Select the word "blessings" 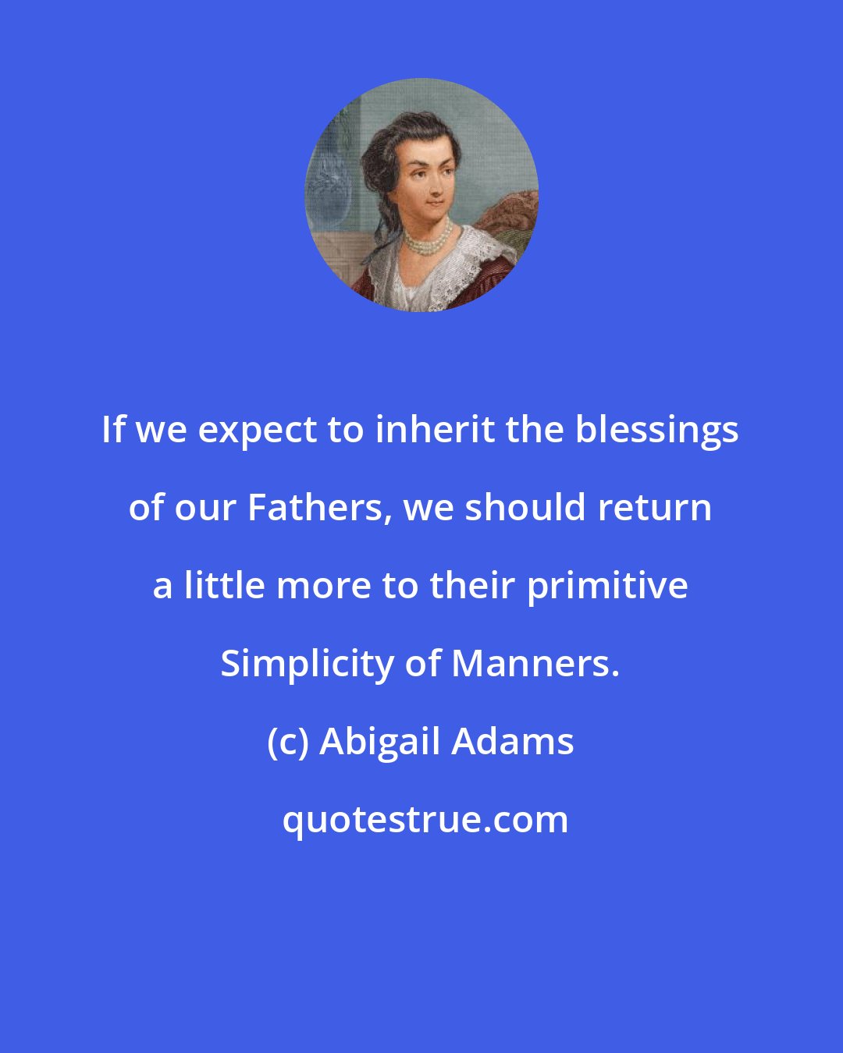click(657, 431)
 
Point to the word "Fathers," click(319, 508)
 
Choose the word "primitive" click(607, 586)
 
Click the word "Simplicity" click(308, 665)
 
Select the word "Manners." click(535, 664)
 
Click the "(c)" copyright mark click(288, 742)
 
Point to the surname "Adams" click(513, 742)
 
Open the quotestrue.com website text click(425, 820)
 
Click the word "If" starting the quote click(114, 430)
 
